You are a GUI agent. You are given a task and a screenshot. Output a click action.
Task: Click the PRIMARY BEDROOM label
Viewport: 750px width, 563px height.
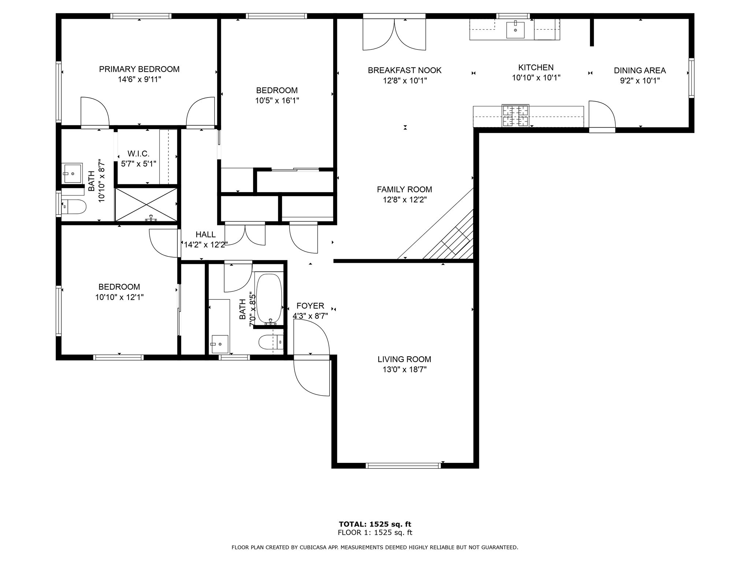pos(139,69)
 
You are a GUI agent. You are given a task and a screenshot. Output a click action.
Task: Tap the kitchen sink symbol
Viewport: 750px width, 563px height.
pos(515,30)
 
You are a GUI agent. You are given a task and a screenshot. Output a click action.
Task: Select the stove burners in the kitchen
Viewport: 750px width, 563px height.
pos(515,115)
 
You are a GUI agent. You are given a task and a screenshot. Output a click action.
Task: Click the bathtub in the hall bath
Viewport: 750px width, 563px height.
pos(269,298)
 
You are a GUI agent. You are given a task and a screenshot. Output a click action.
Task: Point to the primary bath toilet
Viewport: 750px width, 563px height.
pos(75,206)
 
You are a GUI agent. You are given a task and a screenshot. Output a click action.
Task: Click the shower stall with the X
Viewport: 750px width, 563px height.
pos(146,205)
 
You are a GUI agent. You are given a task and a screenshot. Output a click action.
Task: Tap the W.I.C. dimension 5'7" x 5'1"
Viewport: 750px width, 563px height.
pos(138,164)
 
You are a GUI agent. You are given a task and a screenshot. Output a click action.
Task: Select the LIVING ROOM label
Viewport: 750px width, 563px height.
pos(404,359)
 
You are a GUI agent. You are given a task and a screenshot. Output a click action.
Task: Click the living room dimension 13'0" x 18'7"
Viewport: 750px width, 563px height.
pos(404,369)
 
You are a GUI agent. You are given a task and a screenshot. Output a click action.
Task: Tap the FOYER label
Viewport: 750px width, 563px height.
pos(310,306)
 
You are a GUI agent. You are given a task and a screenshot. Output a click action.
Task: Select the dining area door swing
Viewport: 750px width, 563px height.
pos(601,114)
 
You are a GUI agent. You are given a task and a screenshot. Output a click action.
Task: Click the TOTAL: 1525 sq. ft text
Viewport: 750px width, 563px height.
pos(375,524)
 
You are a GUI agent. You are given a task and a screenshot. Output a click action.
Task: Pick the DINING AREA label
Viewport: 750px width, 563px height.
pos(639,70)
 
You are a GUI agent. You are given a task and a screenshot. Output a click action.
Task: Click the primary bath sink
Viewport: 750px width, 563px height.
pos(73,173)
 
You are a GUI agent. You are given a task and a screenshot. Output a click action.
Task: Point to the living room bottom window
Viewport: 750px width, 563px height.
pos(403,466)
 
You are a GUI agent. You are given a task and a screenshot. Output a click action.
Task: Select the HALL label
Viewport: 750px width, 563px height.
pos(205,235)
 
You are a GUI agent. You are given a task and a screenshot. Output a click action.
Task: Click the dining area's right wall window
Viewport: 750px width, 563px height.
pos(691,78)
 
